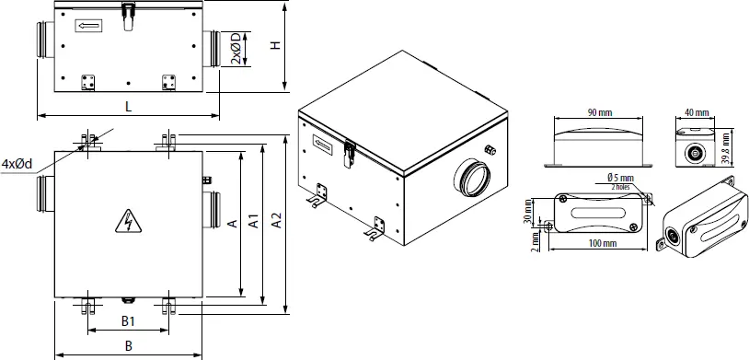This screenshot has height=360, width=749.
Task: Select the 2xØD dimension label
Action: pos(236,48)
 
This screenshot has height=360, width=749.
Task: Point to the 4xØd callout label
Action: pos(17,164)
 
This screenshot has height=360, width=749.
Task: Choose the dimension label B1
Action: pos(129,321)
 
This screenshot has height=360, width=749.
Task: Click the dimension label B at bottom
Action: pos(129,345)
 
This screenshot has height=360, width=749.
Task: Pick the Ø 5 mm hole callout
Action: pos(622,177)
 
